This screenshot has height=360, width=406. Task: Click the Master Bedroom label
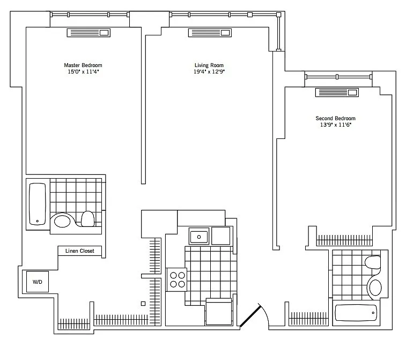[83, 65]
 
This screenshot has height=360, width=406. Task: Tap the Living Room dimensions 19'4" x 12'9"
[209, 72]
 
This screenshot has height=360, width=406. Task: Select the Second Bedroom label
[335, 119]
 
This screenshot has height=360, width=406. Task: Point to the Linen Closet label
[80, 251]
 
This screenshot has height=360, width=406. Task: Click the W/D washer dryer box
[38, 282]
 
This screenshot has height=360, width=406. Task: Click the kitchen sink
[199, 237]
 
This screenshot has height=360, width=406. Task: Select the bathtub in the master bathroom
[38, 204]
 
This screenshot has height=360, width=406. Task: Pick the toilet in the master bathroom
[88, 219]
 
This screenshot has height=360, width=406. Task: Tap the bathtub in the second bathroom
[356, 313]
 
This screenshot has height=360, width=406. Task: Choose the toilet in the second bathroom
[373, 262]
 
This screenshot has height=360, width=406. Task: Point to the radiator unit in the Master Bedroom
[88, 33]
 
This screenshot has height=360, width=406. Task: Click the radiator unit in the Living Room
[210, 33]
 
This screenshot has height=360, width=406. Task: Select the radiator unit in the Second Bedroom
[337, 92]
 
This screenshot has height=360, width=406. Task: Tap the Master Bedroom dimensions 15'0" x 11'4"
[83, 72]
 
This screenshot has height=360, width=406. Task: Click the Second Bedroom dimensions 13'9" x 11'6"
[336, 125]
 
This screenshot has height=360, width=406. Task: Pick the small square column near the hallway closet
[143, 304]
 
